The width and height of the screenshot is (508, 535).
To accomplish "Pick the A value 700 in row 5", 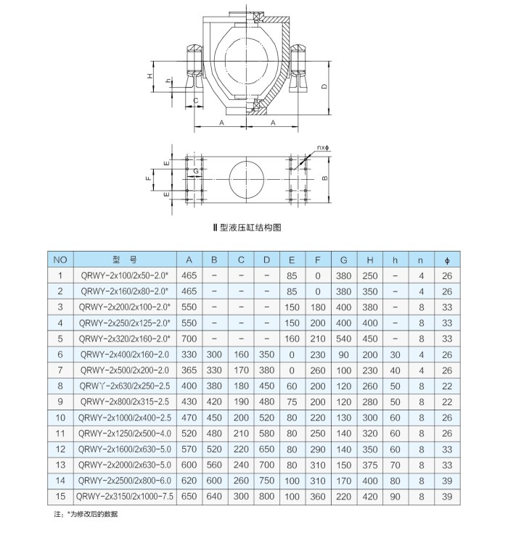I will [189, 338].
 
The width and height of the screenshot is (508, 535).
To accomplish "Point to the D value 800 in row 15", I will [266, 497].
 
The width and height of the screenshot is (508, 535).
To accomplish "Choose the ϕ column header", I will [446, 259].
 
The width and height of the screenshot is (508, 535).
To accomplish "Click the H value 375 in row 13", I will [370, 465].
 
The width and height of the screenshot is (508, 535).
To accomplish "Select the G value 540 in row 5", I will [343, 338].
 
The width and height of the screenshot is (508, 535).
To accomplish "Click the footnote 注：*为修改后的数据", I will [85, 514].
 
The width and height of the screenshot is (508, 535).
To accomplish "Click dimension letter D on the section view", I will [324, 87].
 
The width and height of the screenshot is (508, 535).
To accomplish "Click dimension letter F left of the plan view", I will [147, 177].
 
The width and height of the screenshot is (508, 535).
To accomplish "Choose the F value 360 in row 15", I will [317, 497].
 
